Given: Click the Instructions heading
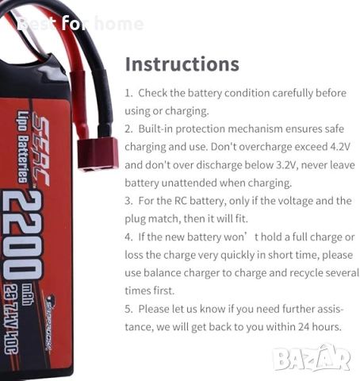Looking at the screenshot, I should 182,63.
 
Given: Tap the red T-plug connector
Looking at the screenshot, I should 98,153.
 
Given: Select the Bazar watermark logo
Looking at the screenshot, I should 312,358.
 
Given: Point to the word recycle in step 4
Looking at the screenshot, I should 293,273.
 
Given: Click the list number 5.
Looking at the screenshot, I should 128,309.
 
